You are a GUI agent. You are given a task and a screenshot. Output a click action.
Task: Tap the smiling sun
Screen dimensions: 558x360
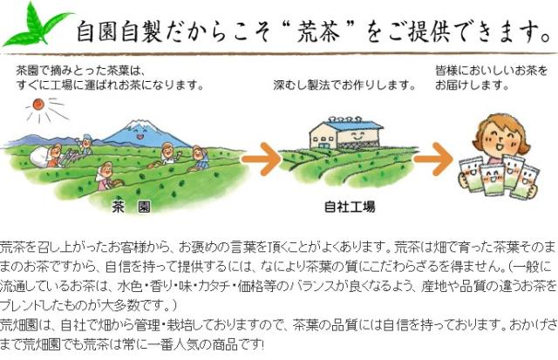click(37, 105)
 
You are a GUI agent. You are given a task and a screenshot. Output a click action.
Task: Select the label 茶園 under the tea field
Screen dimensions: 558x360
click(131, 207)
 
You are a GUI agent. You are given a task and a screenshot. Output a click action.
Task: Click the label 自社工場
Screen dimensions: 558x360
click(350, 207)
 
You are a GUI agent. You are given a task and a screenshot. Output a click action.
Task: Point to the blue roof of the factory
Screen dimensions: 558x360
click(350, 126)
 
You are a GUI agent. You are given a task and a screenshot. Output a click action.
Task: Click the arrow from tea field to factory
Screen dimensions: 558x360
click(262, 159)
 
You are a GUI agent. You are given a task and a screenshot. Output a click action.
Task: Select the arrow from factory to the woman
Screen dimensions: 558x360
click(432, 159)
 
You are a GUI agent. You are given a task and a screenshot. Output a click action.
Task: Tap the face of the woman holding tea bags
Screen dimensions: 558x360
click(500, 138)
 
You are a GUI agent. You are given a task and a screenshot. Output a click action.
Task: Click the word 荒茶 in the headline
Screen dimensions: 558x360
click(319, 31)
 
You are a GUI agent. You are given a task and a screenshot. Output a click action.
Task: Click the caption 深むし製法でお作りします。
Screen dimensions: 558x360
click(344, 85)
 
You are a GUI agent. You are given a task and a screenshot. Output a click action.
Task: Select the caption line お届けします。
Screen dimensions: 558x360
click(472, 85)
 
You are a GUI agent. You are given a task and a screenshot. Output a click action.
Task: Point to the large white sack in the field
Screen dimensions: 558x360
click(38, 157)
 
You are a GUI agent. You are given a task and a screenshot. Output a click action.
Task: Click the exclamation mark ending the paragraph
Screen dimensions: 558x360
click(262, 344)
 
